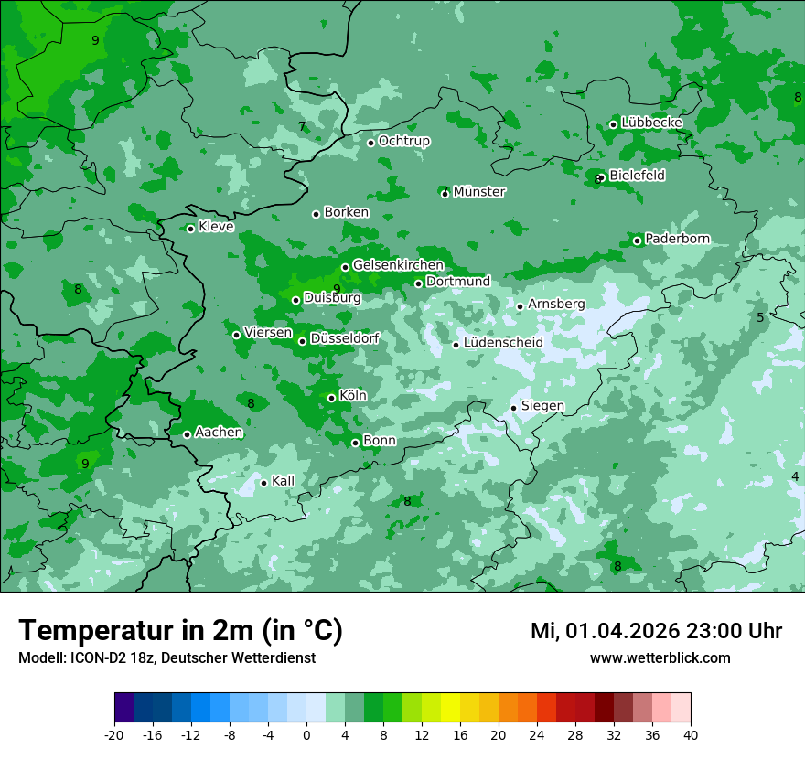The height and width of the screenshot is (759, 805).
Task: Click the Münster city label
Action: pos(479,192)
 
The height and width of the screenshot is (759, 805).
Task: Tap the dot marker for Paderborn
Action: pos(638,241)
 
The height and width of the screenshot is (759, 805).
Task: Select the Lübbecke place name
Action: pos(652,123)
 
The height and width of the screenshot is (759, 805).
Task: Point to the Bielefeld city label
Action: pos(637,176)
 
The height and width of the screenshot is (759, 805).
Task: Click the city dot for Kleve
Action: pos(190,229)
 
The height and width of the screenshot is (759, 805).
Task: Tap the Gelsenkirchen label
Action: pos(398,265)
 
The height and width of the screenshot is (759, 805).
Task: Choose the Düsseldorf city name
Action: pos(345,339)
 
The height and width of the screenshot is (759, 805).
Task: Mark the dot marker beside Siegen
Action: pos(514,408)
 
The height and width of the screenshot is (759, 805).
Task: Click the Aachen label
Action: pos(219,433)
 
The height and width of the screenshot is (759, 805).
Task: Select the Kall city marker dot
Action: pos(263,483)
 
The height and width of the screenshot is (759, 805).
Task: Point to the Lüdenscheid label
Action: pos(503,343)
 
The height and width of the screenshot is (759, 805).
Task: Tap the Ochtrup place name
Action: pos(404,142)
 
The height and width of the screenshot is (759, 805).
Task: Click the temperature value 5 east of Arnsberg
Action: pos(760,317)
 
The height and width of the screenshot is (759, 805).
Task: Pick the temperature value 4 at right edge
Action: pos(795,477)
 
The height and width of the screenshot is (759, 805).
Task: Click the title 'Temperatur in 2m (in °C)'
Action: pos(180,631)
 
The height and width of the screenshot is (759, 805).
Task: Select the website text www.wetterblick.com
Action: pos(660,657)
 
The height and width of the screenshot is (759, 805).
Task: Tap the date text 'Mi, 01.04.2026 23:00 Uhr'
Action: pos(656,631)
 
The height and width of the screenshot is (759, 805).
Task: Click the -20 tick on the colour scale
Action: pos(114,734)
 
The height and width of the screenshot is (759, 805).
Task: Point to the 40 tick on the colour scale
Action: pos(691,734)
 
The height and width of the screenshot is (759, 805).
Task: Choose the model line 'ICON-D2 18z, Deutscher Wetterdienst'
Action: pos(166,657)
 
